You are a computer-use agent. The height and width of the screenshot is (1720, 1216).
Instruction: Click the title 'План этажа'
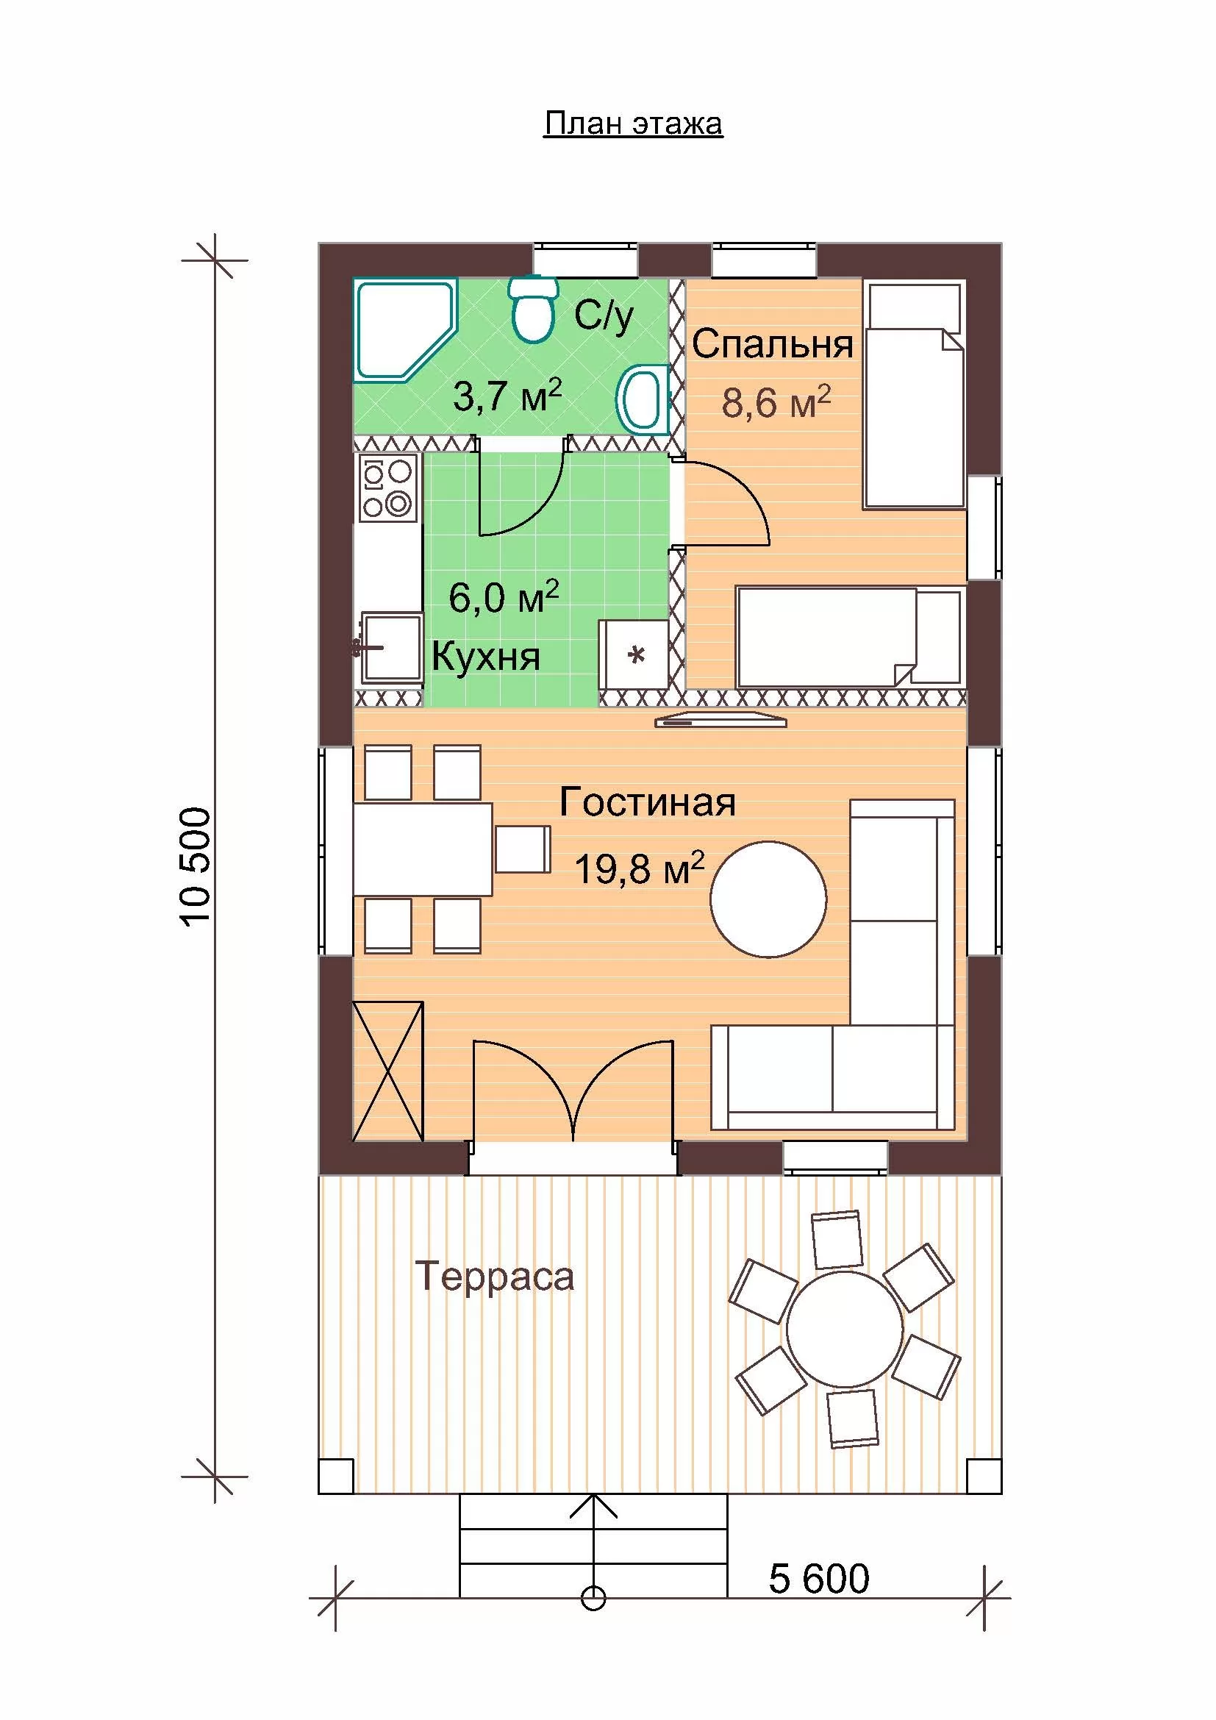(633, 124)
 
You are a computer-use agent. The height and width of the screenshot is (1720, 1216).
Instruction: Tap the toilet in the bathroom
(533, 309)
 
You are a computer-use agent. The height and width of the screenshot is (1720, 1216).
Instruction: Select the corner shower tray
(404, 330)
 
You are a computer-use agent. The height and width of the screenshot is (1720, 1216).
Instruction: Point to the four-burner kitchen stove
(387, 488)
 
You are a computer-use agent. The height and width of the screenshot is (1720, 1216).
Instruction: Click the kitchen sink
(390, 646)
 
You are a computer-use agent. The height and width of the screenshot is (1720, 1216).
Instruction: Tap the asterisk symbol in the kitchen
(636, 657)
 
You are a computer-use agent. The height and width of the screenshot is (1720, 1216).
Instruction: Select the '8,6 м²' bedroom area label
(776, 402)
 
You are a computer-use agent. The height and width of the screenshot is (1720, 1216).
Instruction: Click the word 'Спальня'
(772, 345)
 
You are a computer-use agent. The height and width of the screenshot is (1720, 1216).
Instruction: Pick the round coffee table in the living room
(768, 899)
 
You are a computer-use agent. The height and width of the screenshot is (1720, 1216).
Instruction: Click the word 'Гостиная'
(648, 802)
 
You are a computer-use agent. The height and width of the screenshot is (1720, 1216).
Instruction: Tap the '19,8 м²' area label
(640, 868)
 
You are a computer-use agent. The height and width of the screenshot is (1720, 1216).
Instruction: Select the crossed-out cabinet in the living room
(388, 1072)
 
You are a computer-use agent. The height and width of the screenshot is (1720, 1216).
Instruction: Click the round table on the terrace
(845, 1330)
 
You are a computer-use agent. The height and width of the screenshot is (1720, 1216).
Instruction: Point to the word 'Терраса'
(494, 1277)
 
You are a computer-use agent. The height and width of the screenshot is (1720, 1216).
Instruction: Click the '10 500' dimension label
(196, 867)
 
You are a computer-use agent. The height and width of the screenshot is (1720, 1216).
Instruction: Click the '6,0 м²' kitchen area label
(504, 597)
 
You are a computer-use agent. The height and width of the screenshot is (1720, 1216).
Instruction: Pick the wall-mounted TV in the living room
(721, 721)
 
